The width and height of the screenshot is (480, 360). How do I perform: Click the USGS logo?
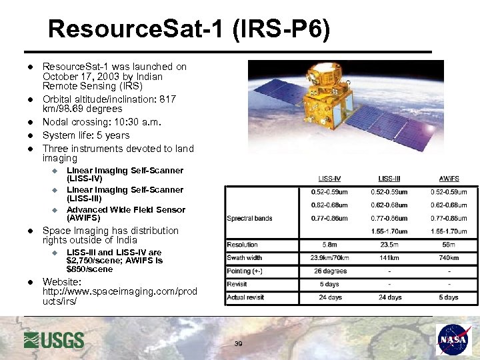pyautogui.click(x=54, y=340)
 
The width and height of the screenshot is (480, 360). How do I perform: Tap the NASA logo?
pyautogui.click(x=453, y=339)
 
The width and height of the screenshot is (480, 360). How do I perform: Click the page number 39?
pyautogui.click(x=239, y=344)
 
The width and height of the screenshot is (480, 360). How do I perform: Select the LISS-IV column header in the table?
pyautogui.click(x=330, y=179)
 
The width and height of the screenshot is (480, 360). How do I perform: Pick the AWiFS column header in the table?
pyautogui.click(x=449, y=179)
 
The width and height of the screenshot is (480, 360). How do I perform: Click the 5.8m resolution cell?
pyautogui.click(x=330, y=245)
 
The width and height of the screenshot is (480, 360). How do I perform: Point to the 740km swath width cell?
pyautogui.click(x=449, y=257)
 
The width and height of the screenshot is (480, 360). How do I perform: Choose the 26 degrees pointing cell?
pyautogui.click(x=330, y=271)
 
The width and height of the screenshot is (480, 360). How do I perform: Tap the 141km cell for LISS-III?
pyautogui.click(x=389, y=257)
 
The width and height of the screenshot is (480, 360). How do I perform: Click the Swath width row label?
pyautogui.click(x=245, y=257)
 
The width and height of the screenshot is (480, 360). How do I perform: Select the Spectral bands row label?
pyautogui.click(x=250, y=218)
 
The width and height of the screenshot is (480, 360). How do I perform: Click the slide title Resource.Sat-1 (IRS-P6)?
pyautogui.click(x=189, y=29)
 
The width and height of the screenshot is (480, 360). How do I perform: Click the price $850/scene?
pyautogui.click(x=90, y=269)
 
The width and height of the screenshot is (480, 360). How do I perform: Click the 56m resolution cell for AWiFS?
pyautogui.click(x=449, y=245)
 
